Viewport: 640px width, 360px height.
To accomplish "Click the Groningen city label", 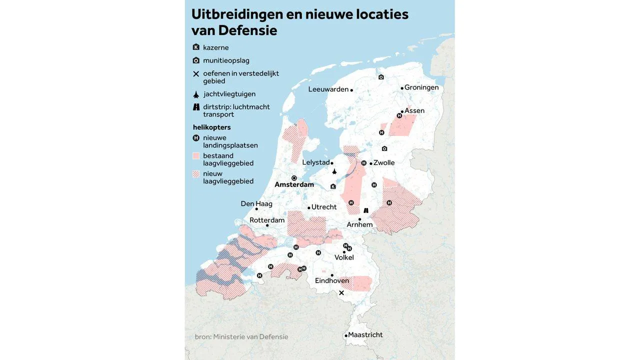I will [421, 87].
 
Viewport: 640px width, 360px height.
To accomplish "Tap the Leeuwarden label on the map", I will [328, 89].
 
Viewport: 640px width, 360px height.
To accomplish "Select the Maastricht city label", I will [365, 334].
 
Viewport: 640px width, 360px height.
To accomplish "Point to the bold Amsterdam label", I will [294, 184].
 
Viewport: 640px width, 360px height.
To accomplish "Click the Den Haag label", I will [256, 203].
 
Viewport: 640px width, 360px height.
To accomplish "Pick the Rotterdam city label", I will [267, 220].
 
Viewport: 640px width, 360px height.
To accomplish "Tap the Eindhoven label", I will [332, 280].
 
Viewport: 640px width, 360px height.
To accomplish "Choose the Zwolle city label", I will [383, 162].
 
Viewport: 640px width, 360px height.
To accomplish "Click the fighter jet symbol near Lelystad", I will [334, 172].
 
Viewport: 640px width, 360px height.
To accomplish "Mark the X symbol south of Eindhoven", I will [341, 293].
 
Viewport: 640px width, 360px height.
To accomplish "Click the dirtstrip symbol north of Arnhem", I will [366, 210].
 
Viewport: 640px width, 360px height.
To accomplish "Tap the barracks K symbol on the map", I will [333, 186].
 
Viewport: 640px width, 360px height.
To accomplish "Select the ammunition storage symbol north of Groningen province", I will [381, 77].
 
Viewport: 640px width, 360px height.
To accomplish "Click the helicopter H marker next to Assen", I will [399, 115].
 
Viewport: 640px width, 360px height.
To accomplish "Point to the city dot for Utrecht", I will [309, 207].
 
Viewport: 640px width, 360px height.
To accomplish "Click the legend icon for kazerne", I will [196, 47].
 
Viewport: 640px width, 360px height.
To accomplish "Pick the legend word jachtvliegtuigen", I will [229, 94].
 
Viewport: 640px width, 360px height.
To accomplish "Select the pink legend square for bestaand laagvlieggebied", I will [196, 156].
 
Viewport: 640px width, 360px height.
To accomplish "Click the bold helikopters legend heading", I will [211, 127].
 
